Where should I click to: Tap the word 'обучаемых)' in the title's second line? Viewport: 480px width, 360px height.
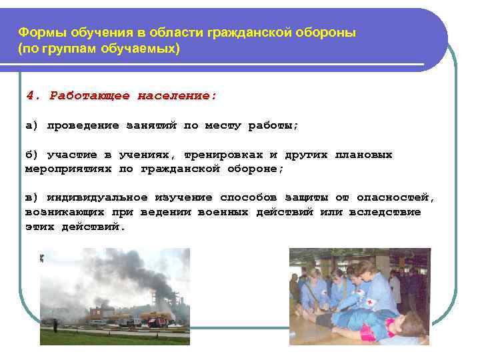[x=147, y=49]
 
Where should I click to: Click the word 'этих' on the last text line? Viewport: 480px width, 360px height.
[x=39, y=227]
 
